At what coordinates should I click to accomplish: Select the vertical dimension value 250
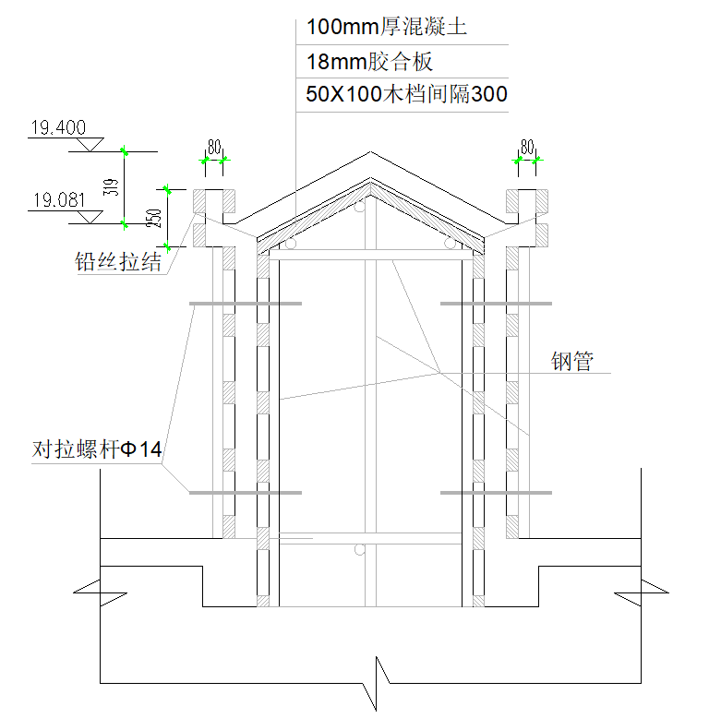pos(156,218)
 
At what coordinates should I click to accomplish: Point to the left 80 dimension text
pos(214,147)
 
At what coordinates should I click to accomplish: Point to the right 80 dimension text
pos(528,147)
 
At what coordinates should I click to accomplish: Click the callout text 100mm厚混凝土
pos(386,28)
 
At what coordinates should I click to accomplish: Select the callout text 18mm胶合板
pos(369,63)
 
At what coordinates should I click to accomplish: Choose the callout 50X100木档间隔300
pos(406,94)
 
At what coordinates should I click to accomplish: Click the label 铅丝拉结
pos(118,262)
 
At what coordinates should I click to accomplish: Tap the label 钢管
pos(571,361)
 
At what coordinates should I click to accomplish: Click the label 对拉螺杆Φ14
pos(97,450)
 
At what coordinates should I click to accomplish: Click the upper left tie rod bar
pos(245,304)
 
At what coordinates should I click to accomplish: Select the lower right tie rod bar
pos(496,493)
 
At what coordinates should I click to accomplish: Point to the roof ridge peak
pos(371,153)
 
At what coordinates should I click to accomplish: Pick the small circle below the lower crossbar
pos(360,550)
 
